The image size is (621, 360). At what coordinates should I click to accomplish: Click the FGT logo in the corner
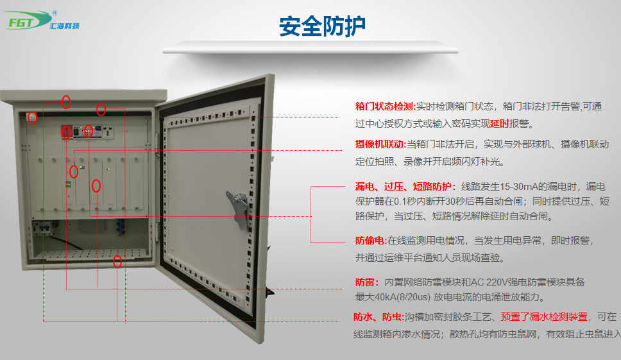[x=28, y=20]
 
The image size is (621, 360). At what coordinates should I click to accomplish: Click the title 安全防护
[x=322, y=26]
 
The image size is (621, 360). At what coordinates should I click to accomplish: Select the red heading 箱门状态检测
[x=384, y=106]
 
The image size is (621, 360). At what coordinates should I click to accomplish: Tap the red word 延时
[x=500, y=124]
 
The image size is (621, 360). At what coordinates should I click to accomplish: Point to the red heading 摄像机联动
[x=379, y=144]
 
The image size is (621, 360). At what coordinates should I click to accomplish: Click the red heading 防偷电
[x=370, y=241]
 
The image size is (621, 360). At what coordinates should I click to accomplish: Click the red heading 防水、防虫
[x=378, y=317]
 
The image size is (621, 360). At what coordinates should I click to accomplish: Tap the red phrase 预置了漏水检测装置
[x=544, y=317]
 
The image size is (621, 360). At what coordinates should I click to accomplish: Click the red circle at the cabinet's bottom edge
[x=117, y=261]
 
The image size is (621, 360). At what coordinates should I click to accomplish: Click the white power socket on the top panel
[x=108, y=131]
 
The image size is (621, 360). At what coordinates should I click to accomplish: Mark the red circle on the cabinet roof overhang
[x=66, y=102]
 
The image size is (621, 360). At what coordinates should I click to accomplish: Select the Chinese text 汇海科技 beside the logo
[x=65, y=26]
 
